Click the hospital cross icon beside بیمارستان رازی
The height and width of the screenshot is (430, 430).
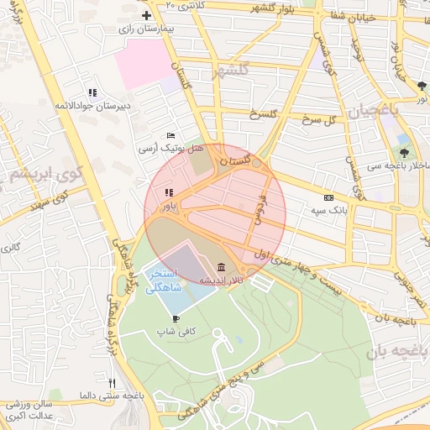click(147, 16)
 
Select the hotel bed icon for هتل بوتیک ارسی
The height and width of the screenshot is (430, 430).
click(171, 135)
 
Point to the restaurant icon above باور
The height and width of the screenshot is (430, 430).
click(169, 192)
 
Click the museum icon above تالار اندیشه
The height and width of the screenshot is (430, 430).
click(220, 268)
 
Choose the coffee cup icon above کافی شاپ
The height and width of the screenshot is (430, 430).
click(176, 318)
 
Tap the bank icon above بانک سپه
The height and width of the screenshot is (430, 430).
click(328, 197)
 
